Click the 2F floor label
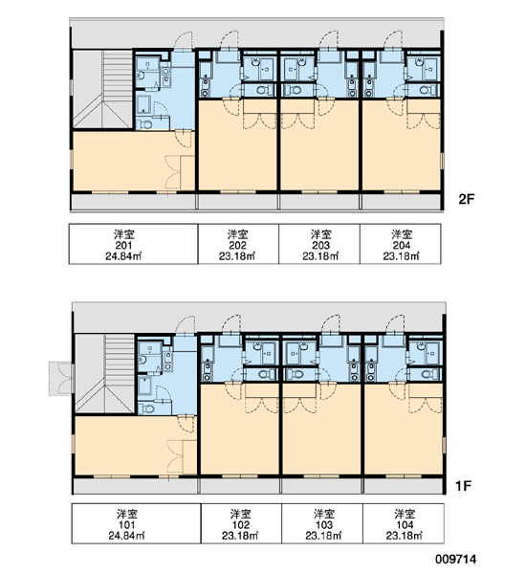467,199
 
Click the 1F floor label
463,486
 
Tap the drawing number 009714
456,559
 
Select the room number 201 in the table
123,245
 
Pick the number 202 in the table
237,245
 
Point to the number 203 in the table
320,245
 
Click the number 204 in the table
401,245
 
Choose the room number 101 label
126,525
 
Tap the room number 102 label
240,525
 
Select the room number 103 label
323,525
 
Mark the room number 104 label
405,525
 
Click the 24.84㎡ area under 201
123,256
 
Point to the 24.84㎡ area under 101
126,536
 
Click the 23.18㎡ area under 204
401,256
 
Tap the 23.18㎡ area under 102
240,536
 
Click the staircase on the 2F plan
102,89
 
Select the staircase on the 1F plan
105,373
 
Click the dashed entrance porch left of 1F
60,379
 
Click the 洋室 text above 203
320,234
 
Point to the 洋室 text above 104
405,514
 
